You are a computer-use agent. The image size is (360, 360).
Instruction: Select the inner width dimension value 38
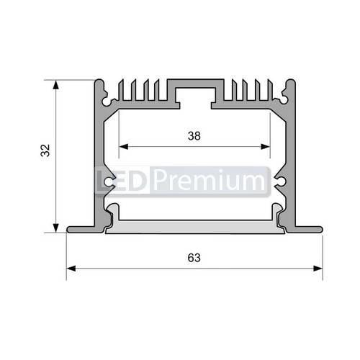tap(194, 135)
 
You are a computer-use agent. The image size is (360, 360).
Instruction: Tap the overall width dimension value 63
tap(194, 257)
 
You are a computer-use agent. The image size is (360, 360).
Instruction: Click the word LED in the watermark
tap(122, 181)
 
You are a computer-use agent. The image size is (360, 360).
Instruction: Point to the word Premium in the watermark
tap(208, 181)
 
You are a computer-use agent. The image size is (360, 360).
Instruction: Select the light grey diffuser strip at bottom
tap(194, 228)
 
